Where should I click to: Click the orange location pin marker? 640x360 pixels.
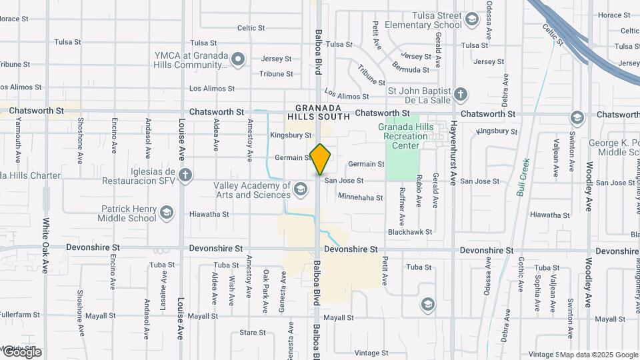(x=321, y=159)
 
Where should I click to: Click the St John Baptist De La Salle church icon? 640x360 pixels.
(x=460, y=93)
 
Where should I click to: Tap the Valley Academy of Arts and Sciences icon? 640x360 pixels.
(x=301, y=191)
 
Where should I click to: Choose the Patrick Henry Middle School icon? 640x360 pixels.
(x=166, y=213)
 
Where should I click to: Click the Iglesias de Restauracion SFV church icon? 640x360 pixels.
(x=185, y=176)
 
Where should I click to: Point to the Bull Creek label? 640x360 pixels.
(x=523, y=177)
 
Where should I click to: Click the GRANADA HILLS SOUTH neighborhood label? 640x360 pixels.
(x=318, y=112)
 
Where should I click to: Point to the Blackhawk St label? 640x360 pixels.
(x=410, y=232)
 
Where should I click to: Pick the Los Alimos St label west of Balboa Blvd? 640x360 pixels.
(x=212, y=88)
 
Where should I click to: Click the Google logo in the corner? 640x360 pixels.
(x=21, y=352)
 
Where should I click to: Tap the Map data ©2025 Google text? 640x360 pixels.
(x=598, y=355)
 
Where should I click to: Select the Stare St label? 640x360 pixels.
(x=253, y=332)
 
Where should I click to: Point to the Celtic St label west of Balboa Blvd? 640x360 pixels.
(x=251, y=28)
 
